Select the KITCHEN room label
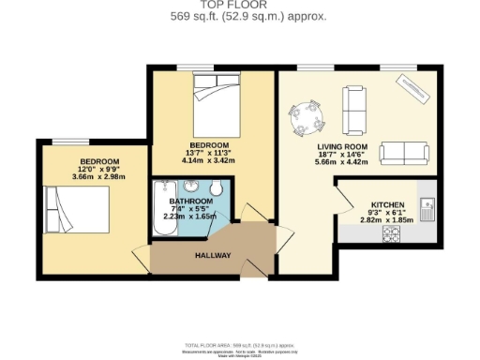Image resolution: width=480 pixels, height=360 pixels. pyautogui.click(x=388, y=204)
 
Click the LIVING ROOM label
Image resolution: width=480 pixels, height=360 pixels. pyautogui.click(x=341, y=147)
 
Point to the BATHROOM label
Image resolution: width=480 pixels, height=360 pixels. pyautogui.click(x=190, y=202)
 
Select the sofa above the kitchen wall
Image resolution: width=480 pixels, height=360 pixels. pyautogui.click(x=405, y=153)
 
